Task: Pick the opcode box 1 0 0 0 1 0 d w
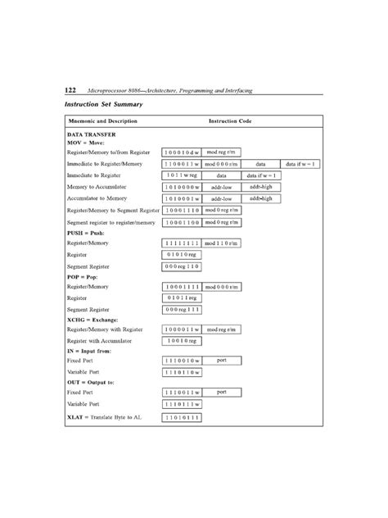coord(181,152)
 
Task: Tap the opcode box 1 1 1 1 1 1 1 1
coord(181,243)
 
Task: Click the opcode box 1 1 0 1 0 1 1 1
coord(181,416)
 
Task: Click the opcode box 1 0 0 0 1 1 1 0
coord(181,210)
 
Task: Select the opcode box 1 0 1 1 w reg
coord(181,175)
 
